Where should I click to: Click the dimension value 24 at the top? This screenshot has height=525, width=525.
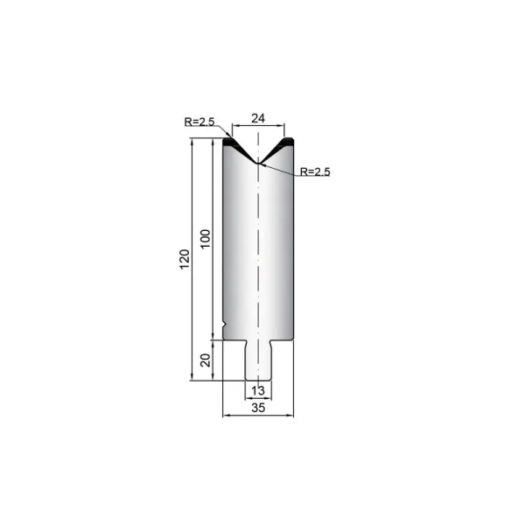pos(258,118)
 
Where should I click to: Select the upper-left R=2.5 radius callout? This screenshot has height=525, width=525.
pos(199,122)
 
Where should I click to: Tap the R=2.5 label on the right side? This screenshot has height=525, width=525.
pos(315,171)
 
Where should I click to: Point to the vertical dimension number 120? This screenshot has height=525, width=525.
pos(185,259)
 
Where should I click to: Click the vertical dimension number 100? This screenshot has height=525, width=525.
pos(206,239)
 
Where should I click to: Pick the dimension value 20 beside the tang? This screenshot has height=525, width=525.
pos(206,360)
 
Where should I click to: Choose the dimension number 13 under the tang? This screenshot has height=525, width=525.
pos(258,390)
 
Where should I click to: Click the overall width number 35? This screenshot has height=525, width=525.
pos(258,408)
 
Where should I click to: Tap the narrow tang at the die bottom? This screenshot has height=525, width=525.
pos(258,360)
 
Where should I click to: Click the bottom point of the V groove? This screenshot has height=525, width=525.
pos(258,163)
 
